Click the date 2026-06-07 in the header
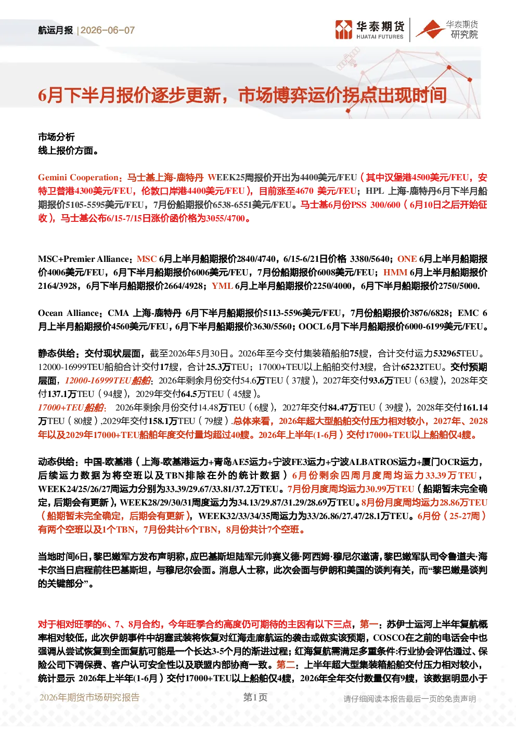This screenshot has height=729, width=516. pyautogui.click(x=108, y=30)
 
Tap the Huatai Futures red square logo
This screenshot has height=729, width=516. pyautogui.click(x=344, y=30)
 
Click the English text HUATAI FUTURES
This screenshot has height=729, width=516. pyautogui.click(x=380, y=36)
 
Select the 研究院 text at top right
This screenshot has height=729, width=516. pyautogui.click(x=464, y=34)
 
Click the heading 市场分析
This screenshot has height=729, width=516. pyautogui.click(x=56, y=137)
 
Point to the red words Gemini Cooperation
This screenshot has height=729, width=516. pyautogui.click(x=78, y=177)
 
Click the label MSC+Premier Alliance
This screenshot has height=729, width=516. pyautogui.click(x=84, y=259)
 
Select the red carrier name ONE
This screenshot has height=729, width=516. pyautogui.click(x=407, y=259)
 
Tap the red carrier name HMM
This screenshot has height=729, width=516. pyautogui.click(x=395, y=272)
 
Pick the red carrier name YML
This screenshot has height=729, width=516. pyautogui.click(x=222, y=286)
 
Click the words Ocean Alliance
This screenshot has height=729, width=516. pyautogui.click(x=68, y=313)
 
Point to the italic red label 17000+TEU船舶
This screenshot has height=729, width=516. pyautogui.click(x=71, y=407)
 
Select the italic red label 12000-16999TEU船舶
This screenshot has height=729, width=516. pyautogui.click(x=108, y=380)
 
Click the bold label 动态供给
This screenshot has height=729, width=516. pyautogui.click(x=56, y=462)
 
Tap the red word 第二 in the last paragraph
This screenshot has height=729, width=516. pyautogui.click(x=286, y=664)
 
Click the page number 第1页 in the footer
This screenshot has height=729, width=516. pyautogui.click(x=255, y=697)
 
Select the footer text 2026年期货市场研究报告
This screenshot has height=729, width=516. pyautogui.click(x=89, y=697)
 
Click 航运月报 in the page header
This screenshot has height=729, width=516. pyautogui.click(x=56, y=30)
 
